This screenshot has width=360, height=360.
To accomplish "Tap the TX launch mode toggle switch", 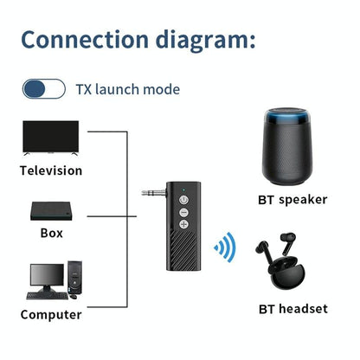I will pyautogui.click(x=43, y=88).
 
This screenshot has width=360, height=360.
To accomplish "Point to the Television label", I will pyautogui.click(x=51, y=170).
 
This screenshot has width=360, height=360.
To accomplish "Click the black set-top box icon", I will pyautogui.click(x=50, y=211).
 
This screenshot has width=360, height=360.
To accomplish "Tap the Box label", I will pyautogui.click(x=51, y=233).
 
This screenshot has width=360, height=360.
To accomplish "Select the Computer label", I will pyautogui.click(x=51, y=314).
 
